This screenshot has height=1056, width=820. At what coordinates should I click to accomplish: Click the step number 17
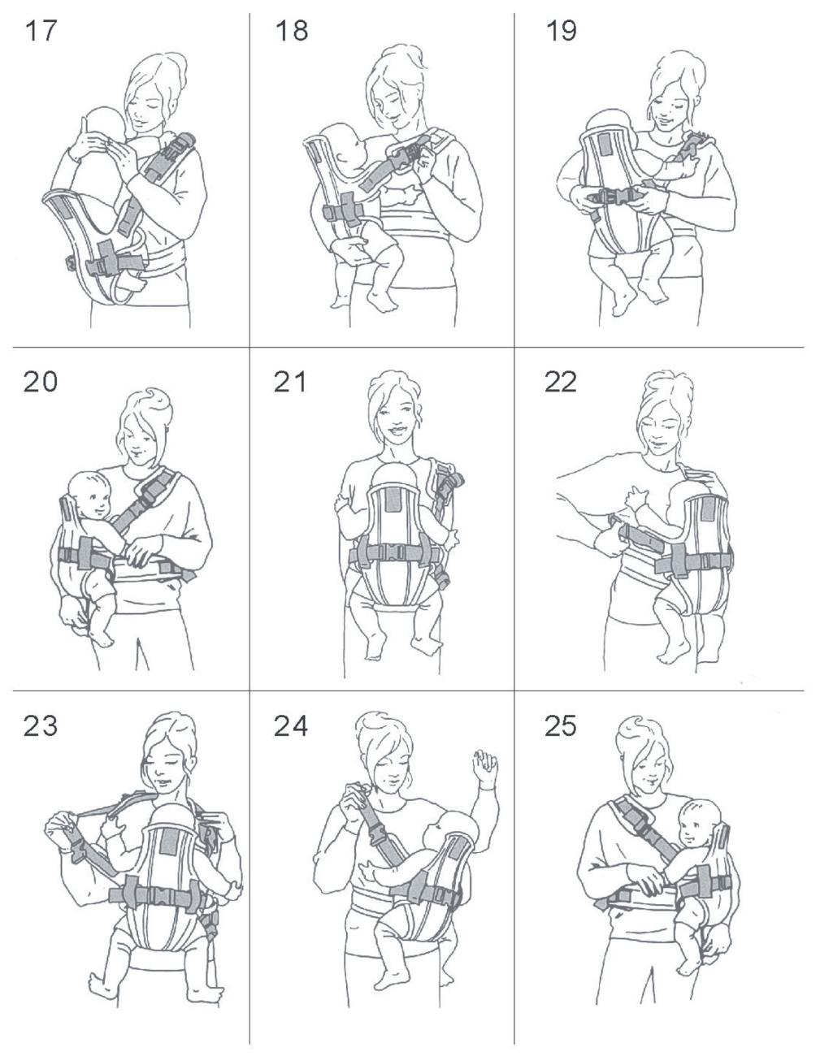click(x=41, y=30)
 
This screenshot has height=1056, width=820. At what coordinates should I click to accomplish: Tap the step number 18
click(x=292, y=30)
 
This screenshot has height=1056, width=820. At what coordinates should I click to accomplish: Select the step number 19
click(x=562, y=30)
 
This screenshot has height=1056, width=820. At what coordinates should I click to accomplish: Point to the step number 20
click(x=41, y=382)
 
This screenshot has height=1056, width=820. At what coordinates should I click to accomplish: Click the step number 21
click(x=290, y=382)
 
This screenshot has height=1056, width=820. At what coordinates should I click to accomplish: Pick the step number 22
click(x=561, y=382)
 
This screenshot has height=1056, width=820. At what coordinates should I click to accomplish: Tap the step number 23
click(x=41, y=726)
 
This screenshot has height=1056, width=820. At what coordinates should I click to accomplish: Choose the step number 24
click(x=291, y=726)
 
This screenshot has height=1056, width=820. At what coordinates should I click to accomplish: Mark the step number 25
click(x=561, y=726)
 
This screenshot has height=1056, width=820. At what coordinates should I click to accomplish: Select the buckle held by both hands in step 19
click(x=614, y=197)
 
